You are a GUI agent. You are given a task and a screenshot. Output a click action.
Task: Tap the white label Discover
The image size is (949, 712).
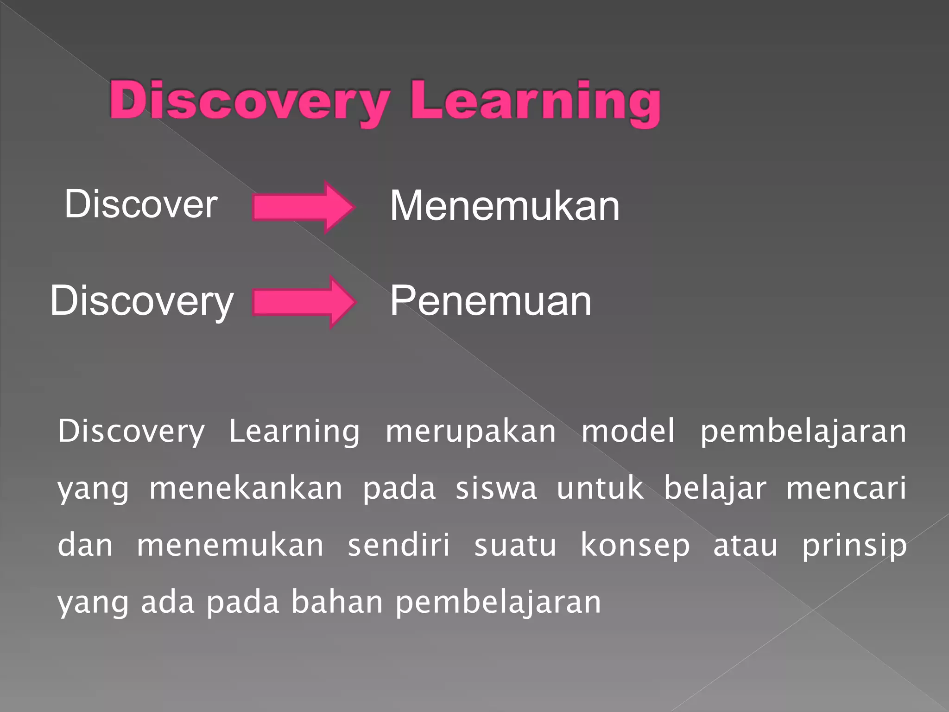coord(141,204)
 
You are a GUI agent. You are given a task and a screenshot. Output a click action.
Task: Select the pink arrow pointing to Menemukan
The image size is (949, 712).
coord(304,207)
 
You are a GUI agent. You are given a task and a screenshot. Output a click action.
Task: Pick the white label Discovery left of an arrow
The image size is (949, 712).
coord(142,301)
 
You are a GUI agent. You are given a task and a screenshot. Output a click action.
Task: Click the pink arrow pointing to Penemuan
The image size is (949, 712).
coord(304,302)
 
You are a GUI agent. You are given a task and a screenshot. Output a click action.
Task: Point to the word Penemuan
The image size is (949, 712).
coord(490,301)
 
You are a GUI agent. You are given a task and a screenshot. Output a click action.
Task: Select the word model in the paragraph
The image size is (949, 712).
coord(628,431)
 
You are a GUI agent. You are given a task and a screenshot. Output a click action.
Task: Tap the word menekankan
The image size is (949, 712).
coord(246,489)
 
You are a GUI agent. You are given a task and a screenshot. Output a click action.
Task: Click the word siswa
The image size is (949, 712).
coord(496,489)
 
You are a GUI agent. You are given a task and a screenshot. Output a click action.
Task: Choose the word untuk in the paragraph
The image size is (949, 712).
coord(600,489)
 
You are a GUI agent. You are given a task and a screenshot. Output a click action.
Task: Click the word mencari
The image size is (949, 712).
coord(846,489)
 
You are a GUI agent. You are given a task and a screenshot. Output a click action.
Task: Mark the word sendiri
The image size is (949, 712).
coord(399,545)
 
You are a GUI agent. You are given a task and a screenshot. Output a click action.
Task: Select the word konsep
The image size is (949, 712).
coord(635,546)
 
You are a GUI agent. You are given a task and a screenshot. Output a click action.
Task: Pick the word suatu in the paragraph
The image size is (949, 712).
coord(515,546)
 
